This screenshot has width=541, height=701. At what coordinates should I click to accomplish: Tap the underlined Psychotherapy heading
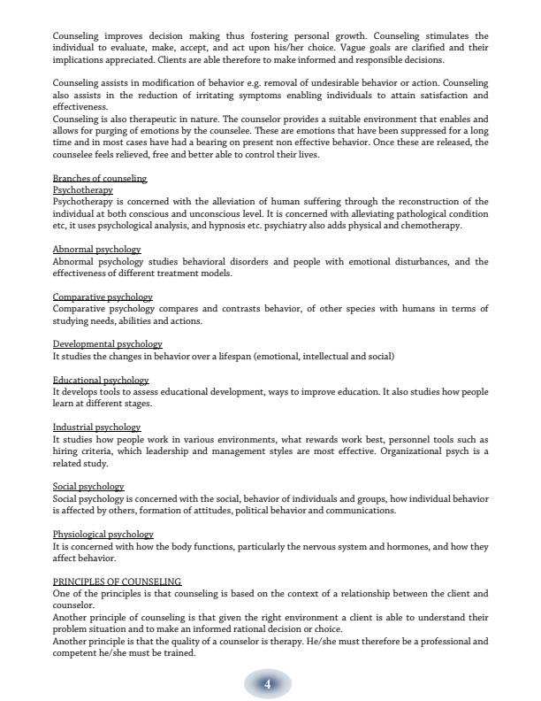tap(83, 190)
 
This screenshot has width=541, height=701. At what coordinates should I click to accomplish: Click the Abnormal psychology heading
tap(96, 250)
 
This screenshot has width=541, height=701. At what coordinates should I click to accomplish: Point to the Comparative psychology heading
tap(103, 297)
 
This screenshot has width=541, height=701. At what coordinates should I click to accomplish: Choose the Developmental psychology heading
tap(107, 344)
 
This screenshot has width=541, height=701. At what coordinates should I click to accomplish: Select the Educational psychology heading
tap(101, 381)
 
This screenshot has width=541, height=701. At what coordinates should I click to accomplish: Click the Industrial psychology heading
tap(96, 428)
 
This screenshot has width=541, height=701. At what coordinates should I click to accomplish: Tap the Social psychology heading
tap(88, 487)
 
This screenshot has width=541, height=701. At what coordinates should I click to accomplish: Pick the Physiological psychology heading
tap(103, 535)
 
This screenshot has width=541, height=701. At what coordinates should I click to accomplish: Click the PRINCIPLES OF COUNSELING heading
tap(117, 582)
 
